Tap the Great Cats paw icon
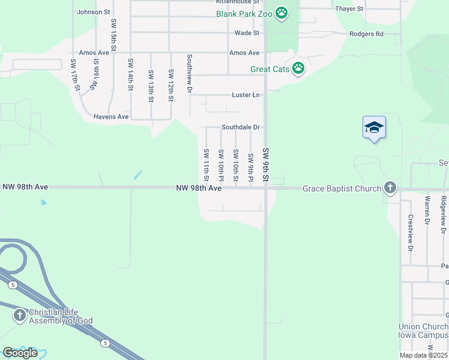click(x=298, y=69)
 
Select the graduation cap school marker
click(x=374, y=127)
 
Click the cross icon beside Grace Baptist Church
click(x=390, y=188)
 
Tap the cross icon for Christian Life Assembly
click(x=20, y=315)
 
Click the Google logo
click(x=20, y=353)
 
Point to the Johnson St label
click(x=94, y=11)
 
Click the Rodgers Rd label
click(x=366, y=34)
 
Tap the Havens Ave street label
click(x=111, y=116)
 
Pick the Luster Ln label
click(x=246, y=95)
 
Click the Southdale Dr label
click(x=240, y=127)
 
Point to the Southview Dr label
click(x=189, y=74)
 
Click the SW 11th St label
click(x=206, y=165)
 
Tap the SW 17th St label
click(x=75, y=75)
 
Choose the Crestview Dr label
click(x=411, y=233)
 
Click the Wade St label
click(x=247, y=33)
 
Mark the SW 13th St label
click(x=151, y=81)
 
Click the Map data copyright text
click(x=424, y=355)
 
